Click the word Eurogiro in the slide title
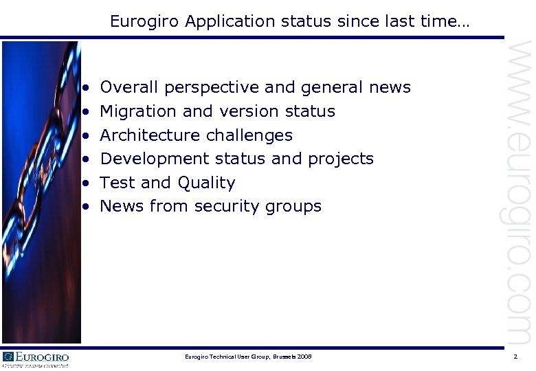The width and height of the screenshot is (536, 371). pyautogui.click(x=142, y=21)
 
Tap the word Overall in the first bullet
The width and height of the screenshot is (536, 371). pyautogui.click(x=129, y=87)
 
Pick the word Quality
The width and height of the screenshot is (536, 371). pyautogui.click(x=206, y=183)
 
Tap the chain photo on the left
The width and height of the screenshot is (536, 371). pyautogui.click(x=41, y=192)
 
